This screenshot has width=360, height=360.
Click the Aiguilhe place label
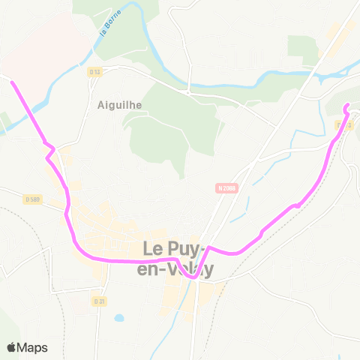119,105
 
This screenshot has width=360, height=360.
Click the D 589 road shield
31,199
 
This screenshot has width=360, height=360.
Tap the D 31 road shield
99,301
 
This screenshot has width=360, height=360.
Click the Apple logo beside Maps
12,347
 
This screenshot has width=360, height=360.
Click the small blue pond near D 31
119,317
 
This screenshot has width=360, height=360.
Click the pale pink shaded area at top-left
37,37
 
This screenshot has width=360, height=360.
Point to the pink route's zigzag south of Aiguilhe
50,149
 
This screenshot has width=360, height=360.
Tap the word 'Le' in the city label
154,247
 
